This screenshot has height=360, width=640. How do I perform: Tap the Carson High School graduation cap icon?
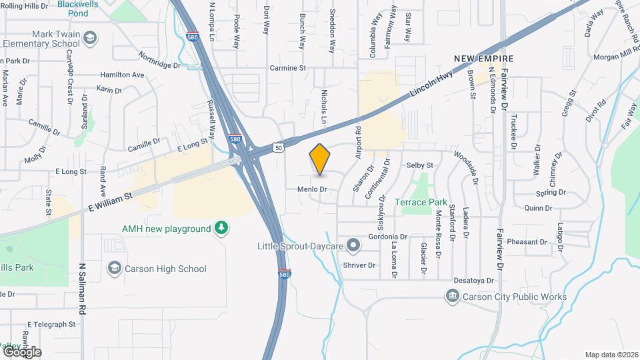114,268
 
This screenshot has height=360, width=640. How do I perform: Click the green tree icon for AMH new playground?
221,229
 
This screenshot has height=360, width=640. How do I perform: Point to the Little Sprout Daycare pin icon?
354,247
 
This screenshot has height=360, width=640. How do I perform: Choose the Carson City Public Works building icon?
453,297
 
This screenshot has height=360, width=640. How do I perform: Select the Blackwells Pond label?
83,8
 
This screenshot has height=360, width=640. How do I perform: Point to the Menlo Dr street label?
312,189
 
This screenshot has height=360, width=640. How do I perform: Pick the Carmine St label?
287,68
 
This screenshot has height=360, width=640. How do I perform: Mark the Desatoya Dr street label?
473,281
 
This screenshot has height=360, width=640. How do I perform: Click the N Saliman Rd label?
83,288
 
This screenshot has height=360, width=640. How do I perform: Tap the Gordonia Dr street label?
388,237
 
